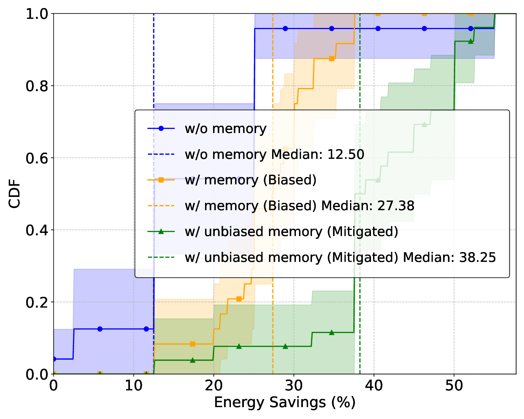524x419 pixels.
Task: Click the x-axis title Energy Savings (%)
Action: (x=285, y=403)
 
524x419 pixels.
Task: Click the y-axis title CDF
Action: (x=15, y=194)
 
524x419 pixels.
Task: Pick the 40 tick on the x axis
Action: (x=374, y=385)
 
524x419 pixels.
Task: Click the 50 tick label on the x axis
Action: (x=454, y=385)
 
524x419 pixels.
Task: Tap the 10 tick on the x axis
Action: (x=133, y=385)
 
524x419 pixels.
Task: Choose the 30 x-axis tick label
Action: (x=294, y=385)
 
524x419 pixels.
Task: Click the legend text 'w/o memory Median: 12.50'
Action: (x=275, y=154)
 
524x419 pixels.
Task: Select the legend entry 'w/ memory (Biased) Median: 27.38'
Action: (x=300, y=206)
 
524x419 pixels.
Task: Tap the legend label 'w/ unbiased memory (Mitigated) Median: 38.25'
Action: (x=340, y=257)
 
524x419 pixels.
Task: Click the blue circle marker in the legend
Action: (x=161, y=128)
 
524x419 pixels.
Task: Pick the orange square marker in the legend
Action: (x=161, y=180)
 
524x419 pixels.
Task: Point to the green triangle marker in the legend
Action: (x=161, y=231)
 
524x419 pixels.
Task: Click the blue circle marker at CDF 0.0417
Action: (x=54, y=359)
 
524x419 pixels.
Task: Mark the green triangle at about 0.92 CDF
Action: (x=471, y=41)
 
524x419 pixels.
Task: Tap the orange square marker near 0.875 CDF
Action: (x=332, y=59)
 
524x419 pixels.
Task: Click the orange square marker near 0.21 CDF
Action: (x=239, y=299)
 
